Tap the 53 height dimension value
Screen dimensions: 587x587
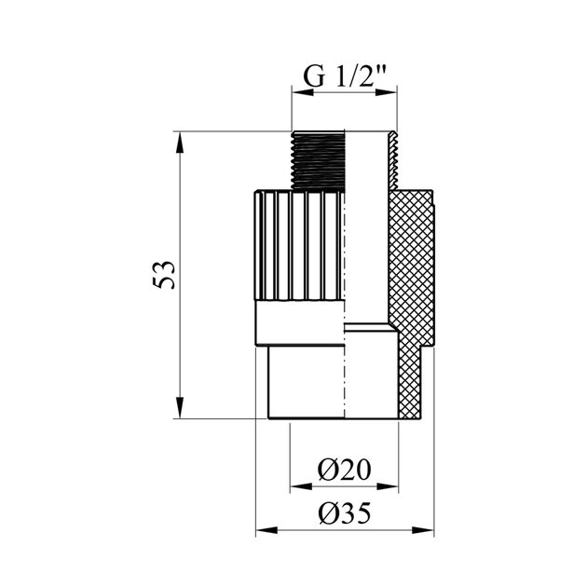(x=164, y=275)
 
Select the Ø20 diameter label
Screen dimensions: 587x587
(x=344, y=470)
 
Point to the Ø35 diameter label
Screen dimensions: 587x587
(x=345, y=512)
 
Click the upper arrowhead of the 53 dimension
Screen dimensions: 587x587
(x=180, y=143)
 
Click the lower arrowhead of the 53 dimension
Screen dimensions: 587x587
(x=180, y=408)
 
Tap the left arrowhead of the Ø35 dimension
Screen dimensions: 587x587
(x=266, y=530)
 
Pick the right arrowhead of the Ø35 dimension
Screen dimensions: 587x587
(x=423, y=530)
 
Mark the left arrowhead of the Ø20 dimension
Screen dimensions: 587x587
(x=301, y=486)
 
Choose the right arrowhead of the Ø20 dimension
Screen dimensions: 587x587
(x=388, y=486)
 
